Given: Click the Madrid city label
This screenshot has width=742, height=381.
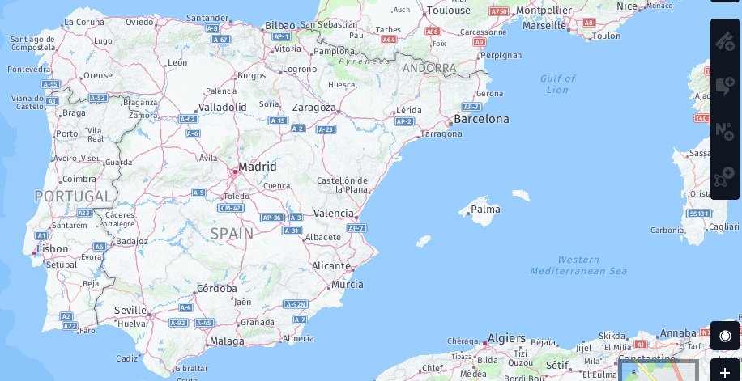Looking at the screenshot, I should pyautogui.click(x=257, y=167).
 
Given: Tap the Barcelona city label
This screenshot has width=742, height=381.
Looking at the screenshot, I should pyautogui.click(x=481, y=119).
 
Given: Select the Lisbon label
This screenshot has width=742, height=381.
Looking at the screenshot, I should pyautogui.click(x=52, y=249).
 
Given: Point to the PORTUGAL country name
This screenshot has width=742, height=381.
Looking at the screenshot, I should pyautogui.click(x=73, y=196).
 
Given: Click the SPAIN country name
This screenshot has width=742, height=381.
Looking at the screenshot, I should pyautogui.click(x=232, y=233).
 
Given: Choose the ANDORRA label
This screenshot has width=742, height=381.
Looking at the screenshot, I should pyautogui.click(x=429, y=68).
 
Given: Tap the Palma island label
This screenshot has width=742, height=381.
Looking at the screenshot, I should pyautogui.click(x=485, y=210).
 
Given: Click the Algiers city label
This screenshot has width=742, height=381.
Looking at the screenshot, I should pyautogui.click(x=506, y=338).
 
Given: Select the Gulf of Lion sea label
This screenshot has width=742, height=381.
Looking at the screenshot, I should pyautogui.click(x=557, y=84).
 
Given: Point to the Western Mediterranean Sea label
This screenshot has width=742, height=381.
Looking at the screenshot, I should pyautogui.click(x=578, y=265).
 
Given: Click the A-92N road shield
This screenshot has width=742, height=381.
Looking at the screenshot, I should pyautogui.click(x=296, y=304).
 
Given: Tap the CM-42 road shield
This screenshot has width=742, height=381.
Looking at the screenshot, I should pyautogui.click(x=231, y=208).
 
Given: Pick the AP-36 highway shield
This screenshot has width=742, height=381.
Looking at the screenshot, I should pyautogui.click(x=271, y=218).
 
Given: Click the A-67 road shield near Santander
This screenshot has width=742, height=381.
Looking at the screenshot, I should pyautogui.click(x=220, y=39).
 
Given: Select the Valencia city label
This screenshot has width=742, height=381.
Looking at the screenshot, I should pyautogui.click(x=333, y=214).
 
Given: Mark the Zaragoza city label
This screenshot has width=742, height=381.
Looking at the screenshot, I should pyautogui.click(x=314, y=108).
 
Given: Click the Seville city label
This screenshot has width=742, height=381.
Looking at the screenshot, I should pyautogui.click(x=130, y=310).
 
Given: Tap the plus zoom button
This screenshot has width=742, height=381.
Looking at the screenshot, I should pyautogui.click(x=725, y=372).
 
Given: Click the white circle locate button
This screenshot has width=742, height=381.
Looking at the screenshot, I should pyautogui.click(x=725, y=336).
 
